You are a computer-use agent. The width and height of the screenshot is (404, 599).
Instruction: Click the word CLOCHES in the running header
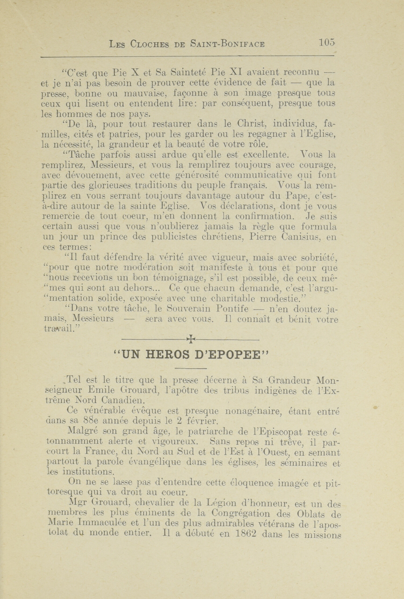coord(150,44)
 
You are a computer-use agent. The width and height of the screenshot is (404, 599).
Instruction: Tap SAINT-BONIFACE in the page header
coord(228,44)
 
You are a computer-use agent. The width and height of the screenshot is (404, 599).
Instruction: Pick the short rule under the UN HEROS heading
coord(191,369)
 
